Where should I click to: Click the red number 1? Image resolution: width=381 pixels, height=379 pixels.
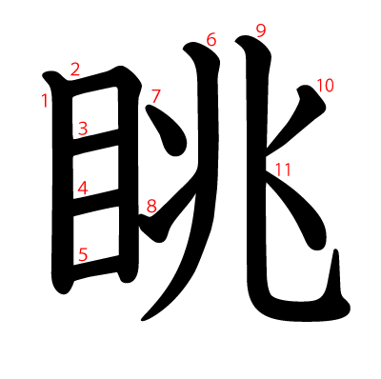coord(45,101)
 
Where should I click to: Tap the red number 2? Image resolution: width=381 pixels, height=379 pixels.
coord(75,70)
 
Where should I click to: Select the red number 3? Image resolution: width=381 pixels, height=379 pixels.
coord(83,129)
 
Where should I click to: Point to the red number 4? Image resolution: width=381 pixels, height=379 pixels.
coord(83,189)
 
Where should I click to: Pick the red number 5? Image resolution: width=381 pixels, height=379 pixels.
coord(83,255)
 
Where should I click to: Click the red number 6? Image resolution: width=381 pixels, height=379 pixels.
coord(211,40)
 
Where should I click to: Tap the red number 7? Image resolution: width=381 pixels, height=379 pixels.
coord(156,97)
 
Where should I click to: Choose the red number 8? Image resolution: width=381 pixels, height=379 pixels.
coord(151,207)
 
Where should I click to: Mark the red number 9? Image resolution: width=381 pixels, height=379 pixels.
coord(261,31)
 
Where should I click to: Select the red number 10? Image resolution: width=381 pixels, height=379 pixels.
coord(325,86)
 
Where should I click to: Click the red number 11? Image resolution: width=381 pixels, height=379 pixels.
coord(283,170)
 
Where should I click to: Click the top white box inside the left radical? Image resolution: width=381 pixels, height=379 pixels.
coord(95,112)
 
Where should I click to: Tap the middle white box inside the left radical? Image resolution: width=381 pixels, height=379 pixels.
coord(96,172)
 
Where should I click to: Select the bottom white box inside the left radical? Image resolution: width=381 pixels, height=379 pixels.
coord(96,235)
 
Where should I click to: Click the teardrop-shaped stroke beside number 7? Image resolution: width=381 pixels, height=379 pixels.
coord(169,131)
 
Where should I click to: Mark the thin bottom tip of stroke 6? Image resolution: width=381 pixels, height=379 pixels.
coord(143,319)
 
